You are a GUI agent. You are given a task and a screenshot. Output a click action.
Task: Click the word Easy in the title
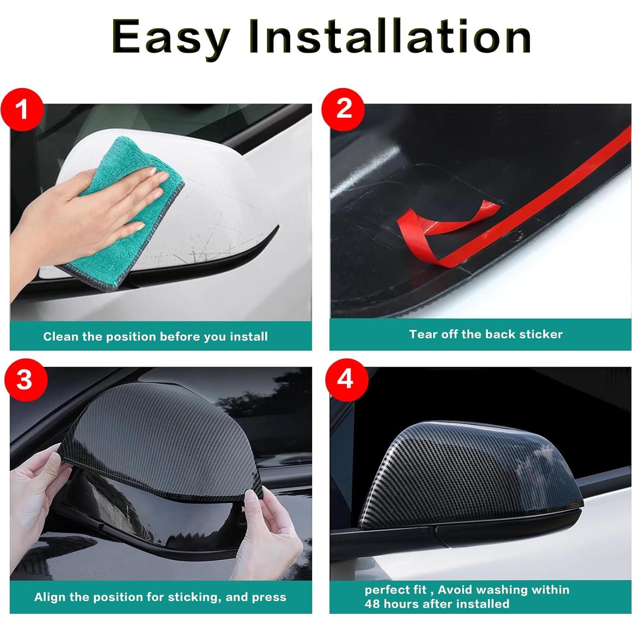[171, 37]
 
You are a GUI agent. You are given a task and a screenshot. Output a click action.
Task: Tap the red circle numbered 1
[22, 109]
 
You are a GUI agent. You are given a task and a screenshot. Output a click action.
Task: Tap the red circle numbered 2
[343, 109]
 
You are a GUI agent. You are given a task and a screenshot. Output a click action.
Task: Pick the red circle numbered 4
[346, 379]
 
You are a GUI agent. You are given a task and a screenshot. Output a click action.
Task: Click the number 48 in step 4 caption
[372, 604]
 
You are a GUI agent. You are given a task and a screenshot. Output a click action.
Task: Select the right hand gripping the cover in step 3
[270, 528]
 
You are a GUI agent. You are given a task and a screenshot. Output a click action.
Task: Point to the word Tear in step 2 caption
[423, 334]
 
